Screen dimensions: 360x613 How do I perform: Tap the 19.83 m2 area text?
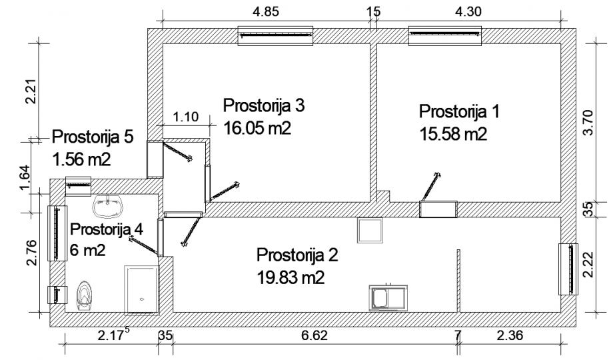click(x=291, y=277)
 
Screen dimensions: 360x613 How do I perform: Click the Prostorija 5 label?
click(x=93, y=137)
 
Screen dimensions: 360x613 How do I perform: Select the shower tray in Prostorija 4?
click(x=142, y=288)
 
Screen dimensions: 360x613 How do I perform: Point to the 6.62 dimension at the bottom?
click(x=314, y=335)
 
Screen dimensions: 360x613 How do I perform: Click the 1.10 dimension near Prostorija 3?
click(x=186, y=117)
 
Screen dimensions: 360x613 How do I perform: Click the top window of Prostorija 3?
click(x=276, y=37)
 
